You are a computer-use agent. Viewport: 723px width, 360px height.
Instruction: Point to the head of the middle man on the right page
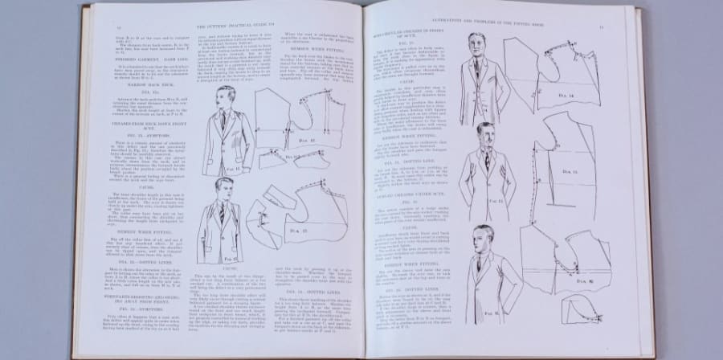[x=484, y=133]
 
